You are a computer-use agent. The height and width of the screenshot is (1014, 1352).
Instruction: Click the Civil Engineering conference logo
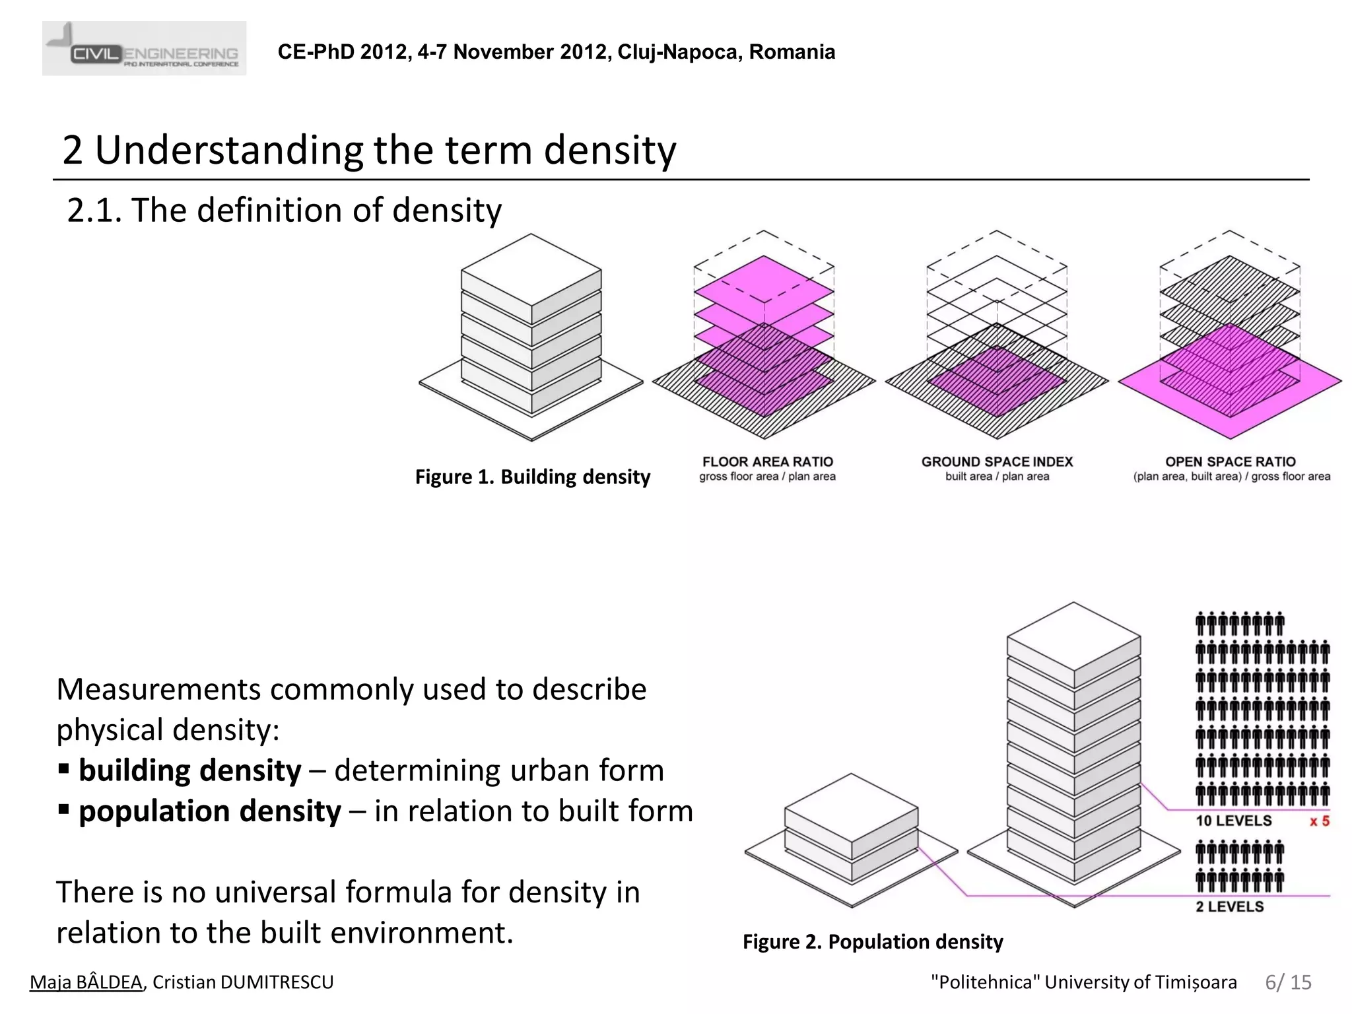point(144,49)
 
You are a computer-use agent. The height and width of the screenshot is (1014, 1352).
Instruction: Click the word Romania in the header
point(792,52)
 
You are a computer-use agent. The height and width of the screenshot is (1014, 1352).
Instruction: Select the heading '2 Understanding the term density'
point(369,150)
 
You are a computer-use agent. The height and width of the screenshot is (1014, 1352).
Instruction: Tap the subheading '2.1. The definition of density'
point(284,211)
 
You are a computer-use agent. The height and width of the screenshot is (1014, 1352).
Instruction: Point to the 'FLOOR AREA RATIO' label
point(767,461)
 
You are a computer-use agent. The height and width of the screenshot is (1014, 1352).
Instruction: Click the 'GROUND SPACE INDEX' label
point(997,461)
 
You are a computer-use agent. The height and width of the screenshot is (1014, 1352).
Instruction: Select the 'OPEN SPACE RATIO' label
point(1230,461)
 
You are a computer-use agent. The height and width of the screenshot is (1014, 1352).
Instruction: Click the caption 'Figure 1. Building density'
point(532,477)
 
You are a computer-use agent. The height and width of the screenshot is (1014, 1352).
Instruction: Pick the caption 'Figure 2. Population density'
point(872,941)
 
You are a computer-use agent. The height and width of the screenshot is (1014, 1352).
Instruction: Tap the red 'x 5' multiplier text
point(1319,821)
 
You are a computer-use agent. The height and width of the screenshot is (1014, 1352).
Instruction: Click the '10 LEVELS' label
point(1233,821)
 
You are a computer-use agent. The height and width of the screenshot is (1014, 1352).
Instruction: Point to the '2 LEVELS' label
point(1229,906)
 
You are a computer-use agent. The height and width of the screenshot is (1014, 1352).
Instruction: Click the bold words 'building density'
point(189,770)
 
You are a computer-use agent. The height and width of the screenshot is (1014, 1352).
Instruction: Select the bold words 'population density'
point(210,811)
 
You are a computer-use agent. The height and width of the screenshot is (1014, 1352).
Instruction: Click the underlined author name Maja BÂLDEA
point(86,982)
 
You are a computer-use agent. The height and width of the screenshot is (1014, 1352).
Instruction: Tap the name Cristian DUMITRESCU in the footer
point(243,982)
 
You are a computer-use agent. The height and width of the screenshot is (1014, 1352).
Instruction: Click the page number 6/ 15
point(1288,982)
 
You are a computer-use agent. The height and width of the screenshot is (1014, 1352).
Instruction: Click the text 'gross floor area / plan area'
point(767,477)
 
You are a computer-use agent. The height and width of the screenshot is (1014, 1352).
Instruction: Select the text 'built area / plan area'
point(997,477)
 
